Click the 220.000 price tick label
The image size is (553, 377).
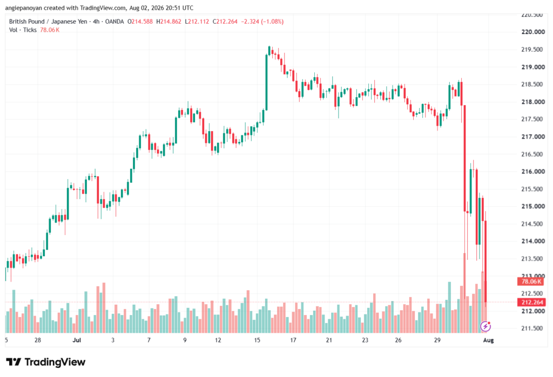pos(533,32)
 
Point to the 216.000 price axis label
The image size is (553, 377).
pos(533,172)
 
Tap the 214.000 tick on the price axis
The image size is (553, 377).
pos(533,241)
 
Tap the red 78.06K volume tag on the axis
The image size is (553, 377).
pos(531,282)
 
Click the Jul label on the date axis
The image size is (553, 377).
pos(77,340)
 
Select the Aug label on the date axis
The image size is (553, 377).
pos(488,340)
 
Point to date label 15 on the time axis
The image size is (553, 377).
pos(257,340)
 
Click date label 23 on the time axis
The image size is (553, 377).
pos(365,340)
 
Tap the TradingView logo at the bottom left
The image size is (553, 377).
pos(46,362)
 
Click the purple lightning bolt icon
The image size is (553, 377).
pos(485,326)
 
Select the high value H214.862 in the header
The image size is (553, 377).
pos(169,22)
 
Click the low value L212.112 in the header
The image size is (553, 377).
pos(197,22)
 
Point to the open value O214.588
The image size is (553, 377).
pos(140,22)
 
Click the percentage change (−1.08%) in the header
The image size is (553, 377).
pos(272,22)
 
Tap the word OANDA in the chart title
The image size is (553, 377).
pos(114,22)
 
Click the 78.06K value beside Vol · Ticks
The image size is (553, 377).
pos(50,30)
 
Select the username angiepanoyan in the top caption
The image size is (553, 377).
pos(24,8)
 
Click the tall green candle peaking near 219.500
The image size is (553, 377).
pos(267,82)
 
